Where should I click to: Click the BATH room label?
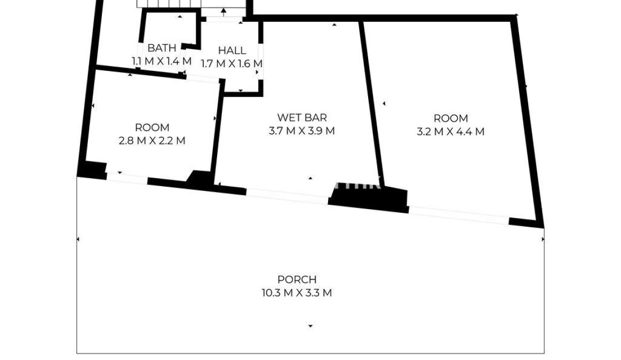tap(162, 49)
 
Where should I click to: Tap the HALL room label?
tap(232, 51)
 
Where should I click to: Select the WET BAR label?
tap(302, 118)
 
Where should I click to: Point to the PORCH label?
tap(297, 279)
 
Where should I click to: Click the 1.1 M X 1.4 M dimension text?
tap(162, 61)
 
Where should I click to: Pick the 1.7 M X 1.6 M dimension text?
tap(232, 64)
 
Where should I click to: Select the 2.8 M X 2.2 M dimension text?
tap(152, 141)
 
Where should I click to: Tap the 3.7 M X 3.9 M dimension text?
tap(302, 131)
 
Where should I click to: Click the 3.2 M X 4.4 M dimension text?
tap(451, 132)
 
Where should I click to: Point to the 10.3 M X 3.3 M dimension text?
tap(297, 293)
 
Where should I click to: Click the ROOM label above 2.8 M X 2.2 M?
tap(152, 127)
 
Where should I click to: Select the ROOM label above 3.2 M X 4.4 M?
tap(451, 118)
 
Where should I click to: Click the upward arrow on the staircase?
tap(224, 12)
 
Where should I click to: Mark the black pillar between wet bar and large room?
tap(368, 200)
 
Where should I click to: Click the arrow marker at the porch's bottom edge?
tap(310, 326)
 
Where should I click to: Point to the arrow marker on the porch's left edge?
tap(78, 239)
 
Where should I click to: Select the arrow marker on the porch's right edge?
tap(543, 239)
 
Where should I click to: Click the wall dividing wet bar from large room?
tap(371, 103)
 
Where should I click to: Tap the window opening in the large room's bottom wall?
tap(459, 214)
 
